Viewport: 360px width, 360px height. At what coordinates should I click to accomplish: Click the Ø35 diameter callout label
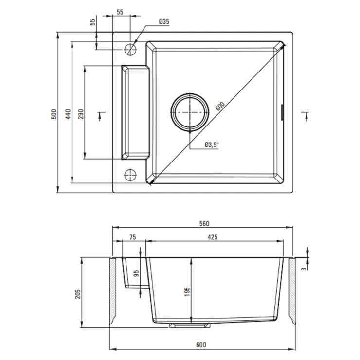point(164,22)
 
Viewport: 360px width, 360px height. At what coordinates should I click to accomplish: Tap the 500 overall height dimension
point(54,114)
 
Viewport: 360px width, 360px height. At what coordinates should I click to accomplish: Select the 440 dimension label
point(68,114)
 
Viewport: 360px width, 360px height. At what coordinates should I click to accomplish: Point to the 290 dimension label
point(81,114)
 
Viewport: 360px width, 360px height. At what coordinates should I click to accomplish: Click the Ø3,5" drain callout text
point(212,144)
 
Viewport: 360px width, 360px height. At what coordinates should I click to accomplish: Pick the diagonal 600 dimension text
point(220,106)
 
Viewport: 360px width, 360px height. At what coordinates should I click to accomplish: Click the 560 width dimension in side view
point(204,223)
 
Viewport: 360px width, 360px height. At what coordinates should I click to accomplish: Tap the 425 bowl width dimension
point(213,237)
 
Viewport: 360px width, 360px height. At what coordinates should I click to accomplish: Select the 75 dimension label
point(132,237)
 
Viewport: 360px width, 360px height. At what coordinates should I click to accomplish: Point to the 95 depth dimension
point(136,273)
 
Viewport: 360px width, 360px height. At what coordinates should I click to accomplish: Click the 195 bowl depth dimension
point(187,292)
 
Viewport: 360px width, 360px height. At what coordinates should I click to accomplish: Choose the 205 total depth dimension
point(78,294)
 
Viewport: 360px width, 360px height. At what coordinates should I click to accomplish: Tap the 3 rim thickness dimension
point(305,269)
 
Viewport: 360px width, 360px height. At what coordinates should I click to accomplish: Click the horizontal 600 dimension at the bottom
point(201,345)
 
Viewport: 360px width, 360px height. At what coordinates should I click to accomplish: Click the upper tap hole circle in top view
point(130,49)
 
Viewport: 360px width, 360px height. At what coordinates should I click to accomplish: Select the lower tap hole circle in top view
point(130,175)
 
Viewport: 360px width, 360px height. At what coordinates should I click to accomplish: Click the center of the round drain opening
point(190,112)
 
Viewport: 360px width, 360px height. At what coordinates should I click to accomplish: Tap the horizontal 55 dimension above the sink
point(120,12)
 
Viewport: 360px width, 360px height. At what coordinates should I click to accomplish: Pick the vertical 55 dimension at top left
point(92,22)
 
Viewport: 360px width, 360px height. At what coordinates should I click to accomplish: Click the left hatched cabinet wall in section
point(113,291)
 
